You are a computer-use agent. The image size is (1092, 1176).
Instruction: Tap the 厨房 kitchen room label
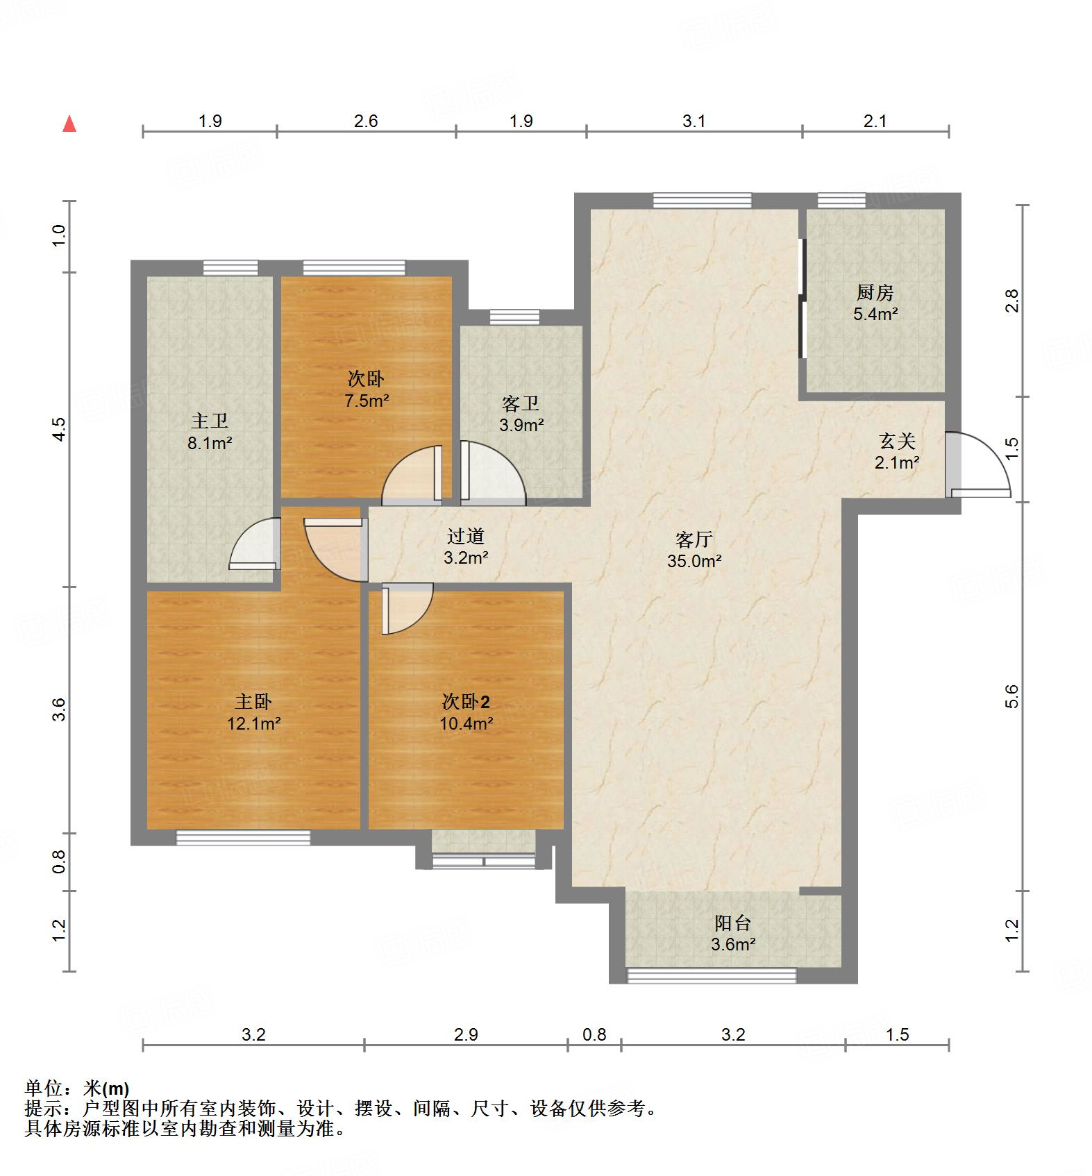tap(875, 292)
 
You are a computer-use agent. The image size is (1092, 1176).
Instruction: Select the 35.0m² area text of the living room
tap(694, 561)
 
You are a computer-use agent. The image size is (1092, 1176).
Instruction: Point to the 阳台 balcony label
tap(733, 923)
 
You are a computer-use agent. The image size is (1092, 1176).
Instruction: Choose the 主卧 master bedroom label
tap(253, 702)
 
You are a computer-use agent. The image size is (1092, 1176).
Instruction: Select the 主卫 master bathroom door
tap(254, 544)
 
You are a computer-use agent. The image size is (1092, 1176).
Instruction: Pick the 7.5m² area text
tap(367, 401)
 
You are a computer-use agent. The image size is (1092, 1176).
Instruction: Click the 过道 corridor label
tap(465, 535)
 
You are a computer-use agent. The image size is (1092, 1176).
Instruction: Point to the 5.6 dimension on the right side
tap(1011, 696)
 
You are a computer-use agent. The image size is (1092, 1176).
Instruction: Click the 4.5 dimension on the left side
tap(59, 428)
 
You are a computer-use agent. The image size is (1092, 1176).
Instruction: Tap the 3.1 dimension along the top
tap(694, 121)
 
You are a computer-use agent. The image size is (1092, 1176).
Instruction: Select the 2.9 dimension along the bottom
tap(466, 1034)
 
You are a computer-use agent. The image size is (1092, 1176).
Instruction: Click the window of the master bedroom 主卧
tap(243, 837)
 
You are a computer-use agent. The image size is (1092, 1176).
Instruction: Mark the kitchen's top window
tap(841, 201)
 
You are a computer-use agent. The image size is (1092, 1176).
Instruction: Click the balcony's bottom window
tap(712, 975)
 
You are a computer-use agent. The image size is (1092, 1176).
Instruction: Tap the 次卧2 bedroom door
tap(407, 609)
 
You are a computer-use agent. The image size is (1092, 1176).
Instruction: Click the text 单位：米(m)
tap(77, 1088)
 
